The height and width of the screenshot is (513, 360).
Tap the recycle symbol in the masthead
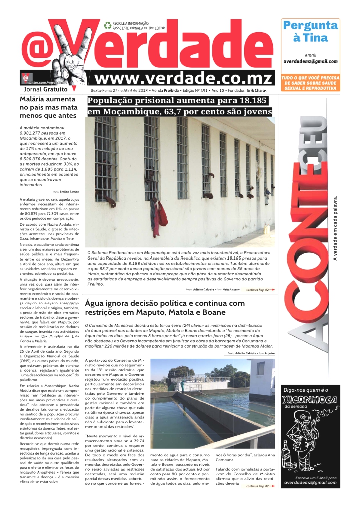point(107,24)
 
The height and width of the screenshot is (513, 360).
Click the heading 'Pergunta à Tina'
point(310,31)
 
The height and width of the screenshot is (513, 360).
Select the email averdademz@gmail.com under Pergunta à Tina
point(310,61)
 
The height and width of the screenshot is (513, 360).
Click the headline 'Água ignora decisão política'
point(165,308)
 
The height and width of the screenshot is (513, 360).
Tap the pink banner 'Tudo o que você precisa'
point(310,83)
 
